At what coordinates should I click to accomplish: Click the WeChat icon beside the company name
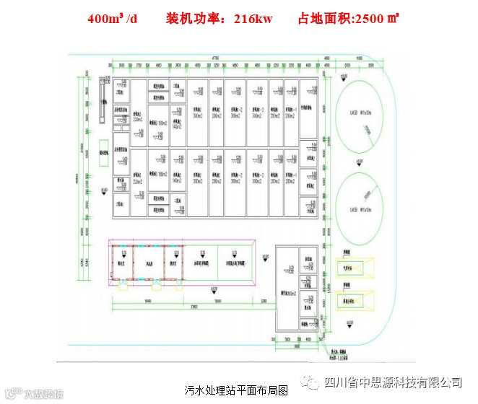[x=311, y=382]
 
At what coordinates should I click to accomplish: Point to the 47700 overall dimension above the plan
[x=214, y=57]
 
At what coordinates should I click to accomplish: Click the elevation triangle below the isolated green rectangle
[x=104, y=190]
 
